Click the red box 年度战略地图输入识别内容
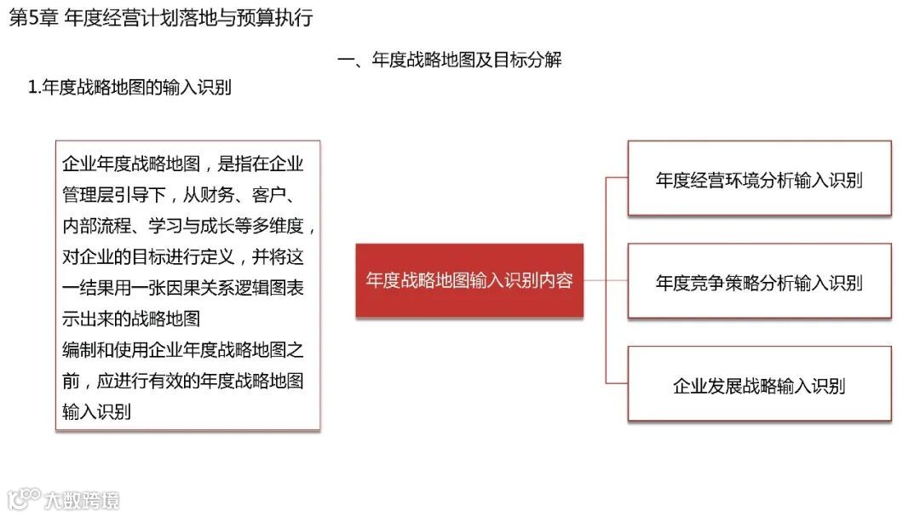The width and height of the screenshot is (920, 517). pyautogui.click(x=469, y=281)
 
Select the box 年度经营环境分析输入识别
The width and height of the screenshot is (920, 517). pyautogui.click(x=759, y=179)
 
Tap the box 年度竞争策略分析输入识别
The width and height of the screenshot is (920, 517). pyautogui.click(x=759, y=282)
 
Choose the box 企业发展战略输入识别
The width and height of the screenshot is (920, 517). pyautogui.click(x=759, y=384)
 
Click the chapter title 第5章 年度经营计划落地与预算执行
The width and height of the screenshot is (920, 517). pyautogui.click(x=161, y=18)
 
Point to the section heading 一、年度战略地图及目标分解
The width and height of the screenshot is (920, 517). pyautogui.click(x=450, y=60)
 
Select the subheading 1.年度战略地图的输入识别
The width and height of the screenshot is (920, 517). pyautogui.click(x=130, y=87)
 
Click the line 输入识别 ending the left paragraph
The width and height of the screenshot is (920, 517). pyautogui.click(x=96, y=412)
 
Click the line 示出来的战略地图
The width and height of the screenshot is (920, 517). pyautogui.click(x=131, y=319)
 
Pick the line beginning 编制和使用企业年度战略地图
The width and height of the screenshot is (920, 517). pyautogui.click(x=183, y=349)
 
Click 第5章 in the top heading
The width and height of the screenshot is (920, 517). pyautogui.click(x=31, y=18)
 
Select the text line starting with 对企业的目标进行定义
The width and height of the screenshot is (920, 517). pyautogui.click(x=183, y=256)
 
